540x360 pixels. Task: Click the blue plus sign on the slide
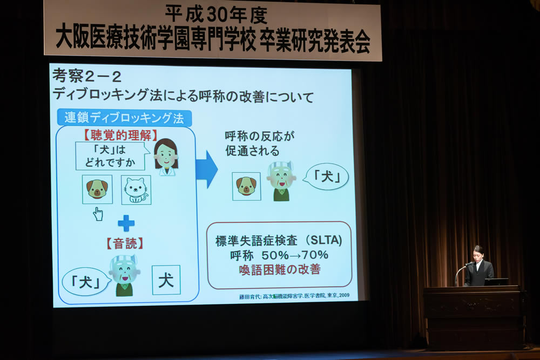point(126,223)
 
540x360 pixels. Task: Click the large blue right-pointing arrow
point(206,169)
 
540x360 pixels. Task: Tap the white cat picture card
point(136,190)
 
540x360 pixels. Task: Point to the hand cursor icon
point(98,214)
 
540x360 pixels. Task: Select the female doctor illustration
point(166,157)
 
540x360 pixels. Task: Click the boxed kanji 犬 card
point(166,280)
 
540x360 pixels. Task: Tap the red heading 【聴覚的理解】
point(120,135)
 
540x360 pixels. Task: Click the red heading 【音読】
point(125,243)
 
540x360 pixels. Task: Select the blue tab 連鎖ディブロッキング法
point(124,118)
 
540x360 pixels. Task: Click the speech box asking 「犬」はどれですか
point(110,157)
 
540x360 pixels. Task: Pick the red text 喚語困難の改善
point(280,269)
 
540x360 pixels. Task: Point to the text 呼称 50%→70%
point(279,255)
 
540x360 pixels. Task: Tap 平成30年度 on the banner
point(216,14)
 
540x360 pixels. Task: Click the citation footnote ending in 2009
point(294,296)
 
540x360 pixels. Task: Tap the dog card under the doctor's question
point(97,189)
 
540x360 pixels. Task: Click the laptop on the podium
point(496,282)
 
